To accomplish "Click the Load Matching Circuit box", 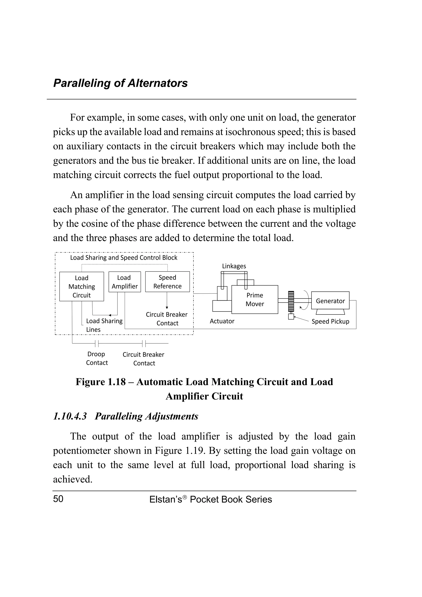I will point(81,286).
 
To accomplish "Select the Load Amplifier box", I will point(124,282).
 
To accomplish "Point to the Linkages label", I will point(234,266).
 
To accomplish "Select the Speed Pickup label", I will point(330,321).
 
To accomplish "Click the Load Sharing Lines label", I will point(104,325).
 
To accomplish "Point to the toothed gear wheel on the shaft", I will point(291,301).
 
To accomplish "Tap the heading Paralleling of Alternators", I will point(120,83).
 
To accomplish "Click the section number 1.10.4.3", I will point(70,416).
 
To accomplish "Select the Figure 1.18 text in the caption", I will point(100,382).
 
